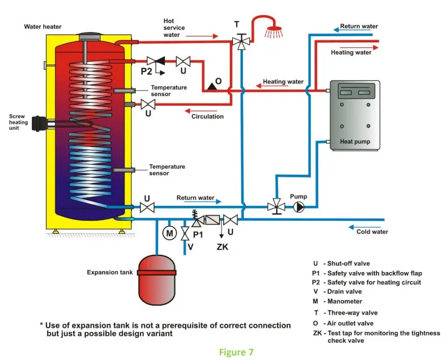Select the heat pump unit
pyautogui.click(x=354, y=114)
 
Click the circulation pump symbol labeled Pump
pyautogui.click(x=299, y=207)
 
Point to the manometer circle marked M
pyautogui.click(x=169, y=233)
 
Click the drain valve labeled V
pyautogui.click(x=185, y=234)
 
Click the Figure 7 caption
pyautogui.click(x=236, y=352)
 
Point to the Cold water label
pyautogui.click(x=372, y=232)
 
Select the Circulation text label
pyautogui.click(x=207, y=116)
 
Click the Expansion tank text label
pyautogui.click(x=110, y=273)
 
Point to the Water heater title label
pyautogui.click(x=43, y=26)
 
